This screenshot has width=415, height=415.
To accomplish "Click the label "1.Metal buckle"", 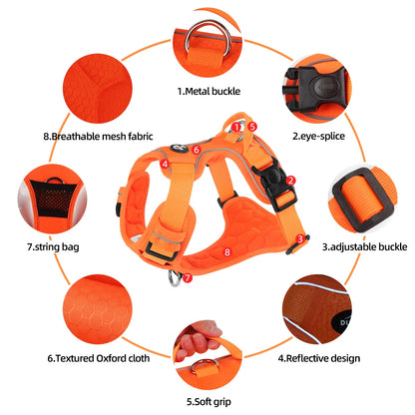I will click(207, 91).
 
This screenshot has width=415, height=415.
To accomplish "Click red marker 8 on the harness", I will click(227, 252).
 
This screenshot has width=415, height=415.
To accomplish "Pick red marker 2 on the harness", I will click(291, 181).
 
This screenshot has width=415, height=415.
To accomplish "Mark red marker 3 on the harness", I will click(300, 238).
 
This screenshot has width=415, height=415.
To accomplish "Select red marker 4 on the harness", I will click(164, 161).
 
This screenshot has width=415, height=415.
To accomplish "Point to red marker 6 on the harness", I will click(197, 151).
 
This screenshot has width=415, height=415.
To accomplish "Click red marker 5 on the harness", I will click(253, 127).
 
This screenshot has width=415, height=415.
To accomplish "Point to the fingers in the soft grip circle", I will click(200, 345).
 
